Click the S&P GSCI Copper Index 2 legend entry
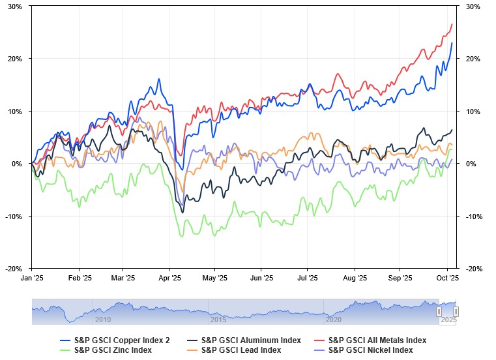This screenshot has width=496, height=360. point(122,340)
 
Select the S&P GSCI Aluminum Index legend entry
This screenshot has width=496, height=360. point(251,340)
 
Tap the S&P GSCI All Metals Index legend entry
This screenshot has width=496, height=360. point(377,340)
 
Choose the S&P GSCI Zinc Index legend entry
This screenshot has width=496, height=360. point(113,350)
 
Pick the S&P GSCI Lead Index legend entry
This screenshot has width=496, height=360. point(241,350)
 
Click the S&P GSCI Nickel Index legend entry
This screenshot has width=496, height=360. point(370,350)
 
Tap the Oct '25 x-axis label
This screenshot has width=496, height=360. point(447,277)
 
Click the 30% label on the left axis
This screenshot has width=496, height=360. point(15,7)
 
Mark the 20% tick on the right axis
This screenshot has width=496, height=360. point(472,59)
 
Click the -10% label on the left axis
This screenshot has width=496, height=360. point(14,216)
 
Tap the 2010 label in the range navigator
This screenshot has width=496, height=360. point(103,320)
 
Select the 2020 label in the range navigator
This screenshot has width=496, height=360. point(333,320)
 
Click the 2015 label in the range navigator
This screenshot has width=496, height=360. point(218,320)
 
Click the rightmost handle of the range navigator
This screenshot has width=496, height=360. point(456,312)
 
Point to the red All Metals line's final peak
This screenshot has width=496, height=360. point(452,24)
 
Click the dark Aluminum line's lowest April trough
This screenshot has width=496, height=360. point(182,213)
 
